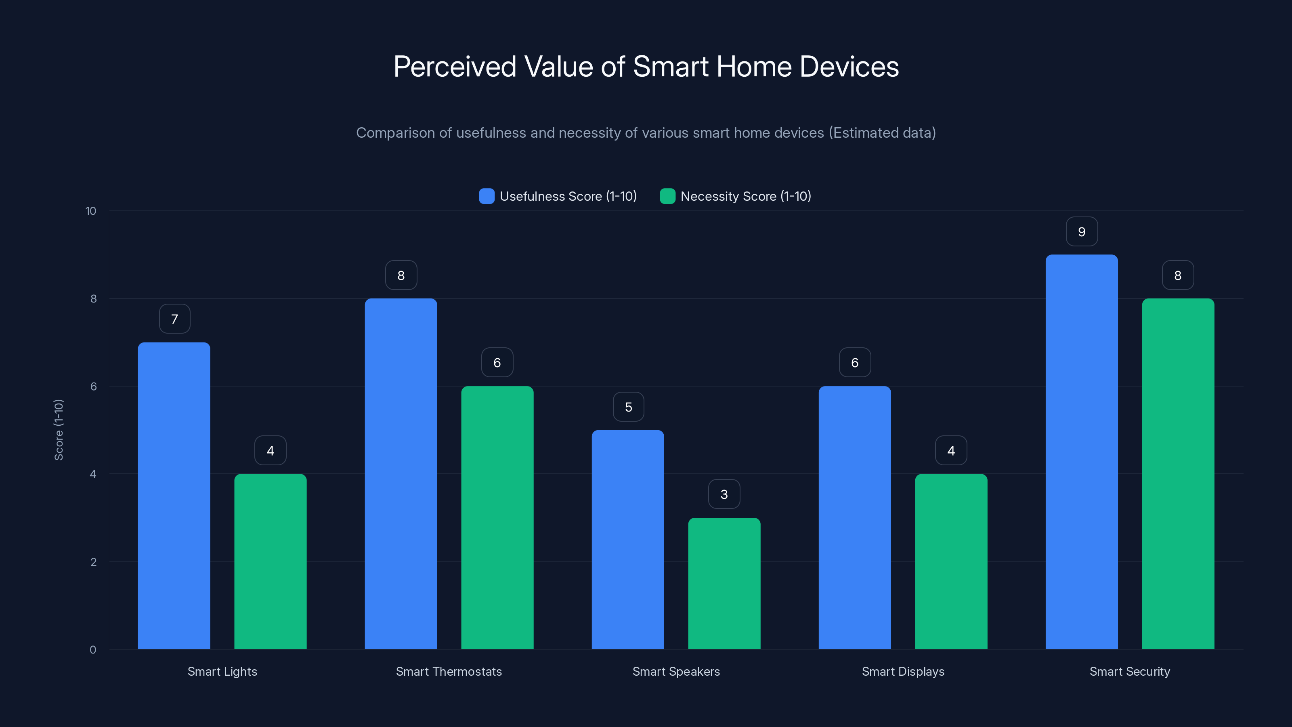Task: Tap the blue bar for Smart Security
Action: pos(1081,452)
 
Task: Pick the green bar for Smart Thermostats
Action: pos(497,517)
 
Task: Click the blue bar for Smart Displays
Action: pos(855,517)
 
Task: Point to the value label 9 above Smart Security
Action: pos(1081,232)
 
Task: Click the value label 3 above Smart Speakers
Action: pos(724,494)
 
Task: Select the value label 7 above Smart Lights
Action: pos(174,319)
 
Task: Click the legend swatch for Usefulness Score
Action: pos(487,196)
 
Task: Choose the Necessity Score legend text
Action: pos(745,196)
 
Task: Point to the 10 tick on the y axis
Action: pos(91,211)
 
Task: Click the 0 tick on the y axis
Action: pos(93,650)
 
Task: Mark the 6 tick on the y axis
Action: pos(93,387)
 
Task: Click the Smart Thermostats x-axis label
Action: pos(449,671)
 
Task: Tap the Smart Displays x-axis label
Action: pos(903,671)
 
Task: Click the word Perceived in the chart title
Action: pos(454,67)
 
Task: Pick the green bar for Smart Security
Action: pos(1178,474)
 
